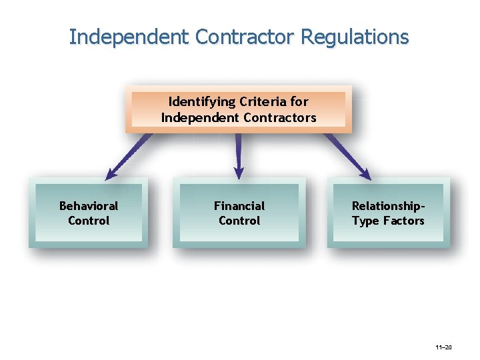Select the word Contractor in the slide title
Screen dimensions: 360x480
pos(244,37)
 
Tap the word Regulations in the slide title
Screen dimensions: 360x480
pos(355,37)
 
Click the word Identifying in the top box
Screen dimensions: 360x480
pos(202,102)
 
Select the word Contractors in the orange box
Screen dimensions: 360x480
pos(279,118)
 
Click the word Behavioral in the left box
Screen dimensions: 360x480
pos(89,206)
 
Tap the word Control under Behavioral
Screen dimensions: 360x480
pos(89,221)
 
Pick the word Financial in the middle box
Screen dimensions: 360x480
pos(239,206)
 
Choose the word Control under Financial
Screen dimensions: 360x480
pos(239,221)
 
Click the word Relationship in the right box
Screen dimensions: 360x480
pos(385,206)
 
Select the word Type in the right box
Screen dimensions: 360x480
pos(365,221)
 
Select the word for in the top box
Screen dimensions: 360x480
pos(300,102)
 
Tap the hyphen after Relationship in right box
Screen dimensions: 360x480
pos(421,207)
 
